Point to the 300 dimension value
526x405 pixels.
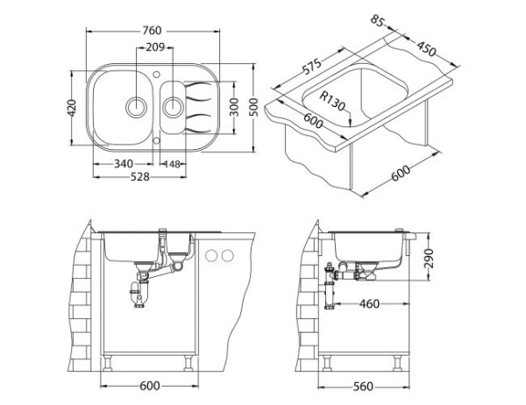[x=232, y=105]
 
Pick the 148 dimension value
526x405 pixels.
[x=172, y=163]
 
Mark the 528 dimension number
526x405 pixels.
[x=139, y=176]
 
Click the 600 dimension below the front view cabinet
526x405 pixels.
[x=151, y=387]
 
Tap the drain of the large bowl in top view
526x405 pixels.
[x=137, y=107]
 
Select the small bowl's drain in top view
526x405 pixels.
[x=174, y=107]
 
